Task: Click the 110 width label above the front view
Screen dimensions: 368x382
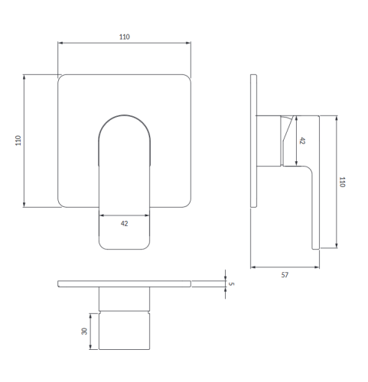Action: (125, 37)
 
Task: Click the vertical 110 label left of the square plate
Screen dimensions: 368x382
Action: (18, 141)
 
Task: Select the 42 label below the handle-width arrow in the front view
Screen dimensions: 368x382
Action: (124, 224)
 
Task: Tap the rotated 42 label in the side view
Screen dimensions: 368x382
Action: (302, 141)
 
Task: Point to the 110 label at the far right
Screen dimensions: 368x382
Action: (342, 182)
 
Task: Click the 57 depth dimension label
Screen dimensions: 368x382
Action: (285, 275)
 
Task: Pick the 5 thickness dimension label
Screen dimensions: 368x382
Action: (231, 283)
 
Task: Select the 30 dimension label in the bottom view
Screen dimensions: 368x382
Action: (84, 331)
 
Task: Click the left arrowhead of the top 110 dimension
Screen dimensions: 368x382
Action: (60, 43)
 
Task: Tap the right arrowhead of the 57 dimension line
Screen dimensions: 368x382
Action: (317, 267)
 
